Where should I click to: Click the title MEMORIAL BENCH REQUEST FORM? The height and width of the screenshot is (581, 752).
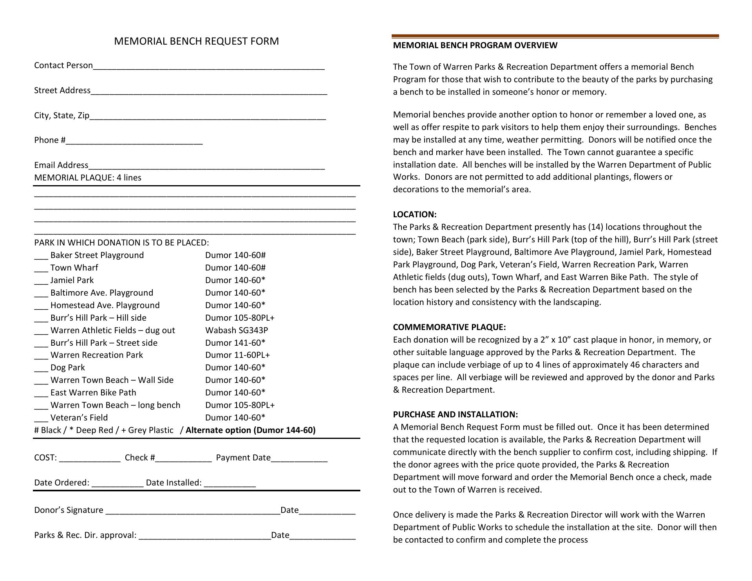(x=196, y=41)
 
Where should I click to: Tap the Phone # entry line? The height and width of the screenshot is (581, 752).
(x=134, y=142)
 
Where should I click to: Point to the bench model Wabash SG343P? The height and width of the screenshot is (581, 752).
(x=237, y=330)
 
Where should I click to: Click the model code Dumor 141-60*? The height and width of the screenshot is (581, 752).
(x=235, y=343)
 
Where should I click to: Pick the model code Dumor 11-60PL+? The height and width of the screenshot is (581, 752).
(x=237, y=355)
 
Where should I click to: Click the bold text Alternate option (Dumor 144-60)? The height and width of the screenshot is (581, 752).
(x=250, y=430)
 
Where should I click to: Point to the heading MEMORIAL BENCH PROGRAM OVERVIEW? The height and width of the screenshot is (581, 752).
(x=475, y=45)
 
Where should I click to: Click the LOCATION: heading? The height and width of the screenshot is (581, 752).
(x=414, y=215)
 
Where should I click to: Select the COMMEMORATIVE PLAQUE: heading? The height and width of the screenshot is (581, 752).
(x=449, y=327)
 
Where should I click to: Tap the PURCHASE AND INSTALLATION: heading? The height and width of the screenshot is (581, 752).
(x=455, y=415)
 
